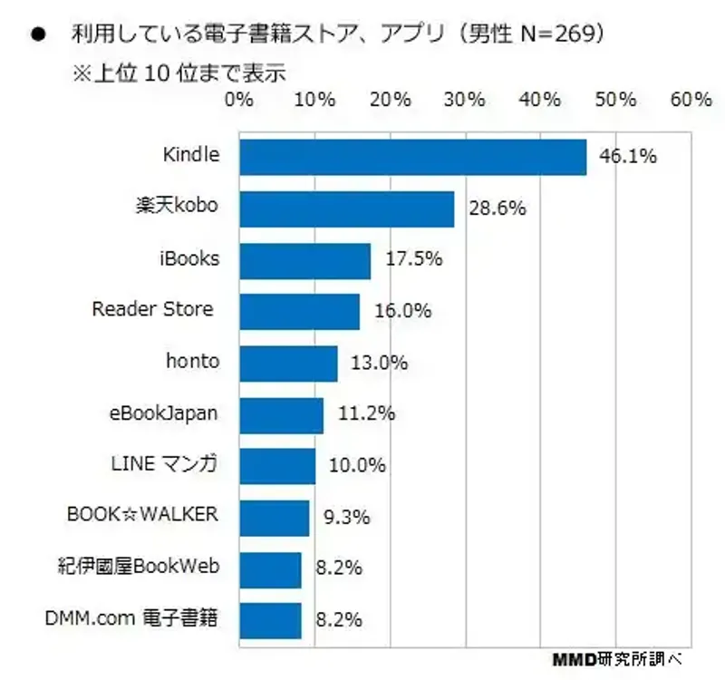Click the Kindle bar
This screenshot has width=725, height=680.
(x=412, y=156)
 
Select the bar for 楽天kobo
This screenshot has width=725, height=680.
(x=346, y=209)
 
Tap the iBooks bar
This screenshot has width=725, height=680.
(x=304, y=260)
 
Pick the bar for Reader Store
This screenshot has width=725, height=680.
(x=299, y=311)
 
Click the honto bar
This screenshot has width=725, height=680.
(x=288, y=364)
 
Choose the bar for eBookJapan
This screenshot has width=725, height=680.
(x=281, y=415)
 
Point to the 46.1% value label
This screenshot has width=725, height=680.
(x=627, y=157)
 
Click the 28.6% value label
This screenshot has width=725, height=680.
(x=498, y=209)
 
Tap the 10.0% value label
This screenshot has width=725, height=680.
(x=357, y=466)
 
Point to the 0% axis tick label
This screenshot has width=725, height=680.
(x=238, y=100)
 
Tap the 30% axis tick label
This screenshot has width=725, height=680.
(x=465, y=100)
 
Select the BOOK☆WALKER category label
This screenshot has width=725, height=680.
(x=143, y=515)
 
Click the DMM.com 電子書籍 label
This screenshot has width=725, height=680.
(x=131, y=619)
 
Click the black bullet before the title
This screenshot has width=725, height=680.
(x=38, y=35)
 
